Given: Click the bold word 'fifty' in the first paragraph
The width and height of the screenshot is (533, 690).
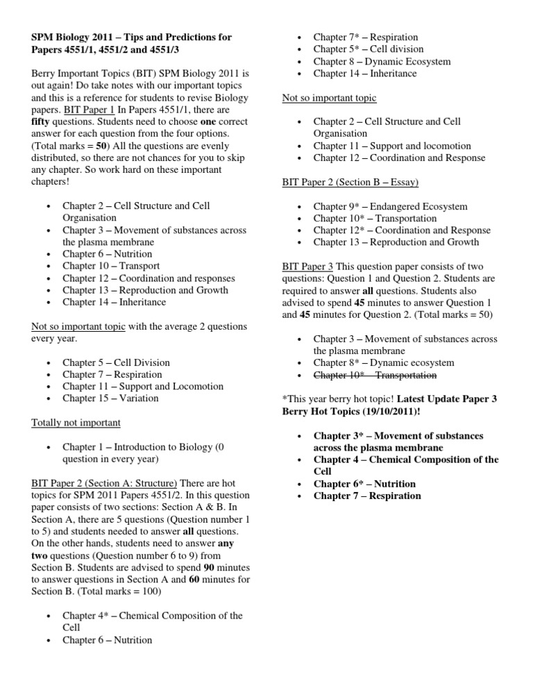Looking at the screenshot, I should tap(42, 121).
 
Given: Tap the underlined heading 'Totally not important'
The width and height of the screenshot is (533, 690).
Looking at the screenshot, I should tap(76, 422).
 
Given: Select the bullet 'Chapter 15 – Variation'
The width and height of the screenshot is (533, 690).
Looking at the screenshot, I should tap(110, 398).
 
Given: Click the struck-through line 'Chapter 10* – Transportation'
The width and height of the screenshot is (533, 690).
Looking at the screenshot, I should tap(375, 375).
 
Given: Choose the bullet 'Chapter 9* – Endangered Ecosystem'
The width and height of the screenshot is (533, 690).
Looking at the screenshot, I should tap(390, 206).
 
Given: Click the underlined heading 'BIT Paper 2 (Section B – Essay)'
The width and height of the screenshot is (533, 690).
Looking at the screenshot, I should tap(355, 182).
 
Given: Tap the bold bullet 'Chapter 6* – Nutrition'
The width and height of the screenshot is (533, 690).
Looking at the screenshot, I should tap(364, 484).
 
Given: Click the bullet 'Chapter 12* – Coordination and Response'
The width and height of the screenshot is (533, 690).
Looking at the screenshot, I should tap(402, 230).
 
